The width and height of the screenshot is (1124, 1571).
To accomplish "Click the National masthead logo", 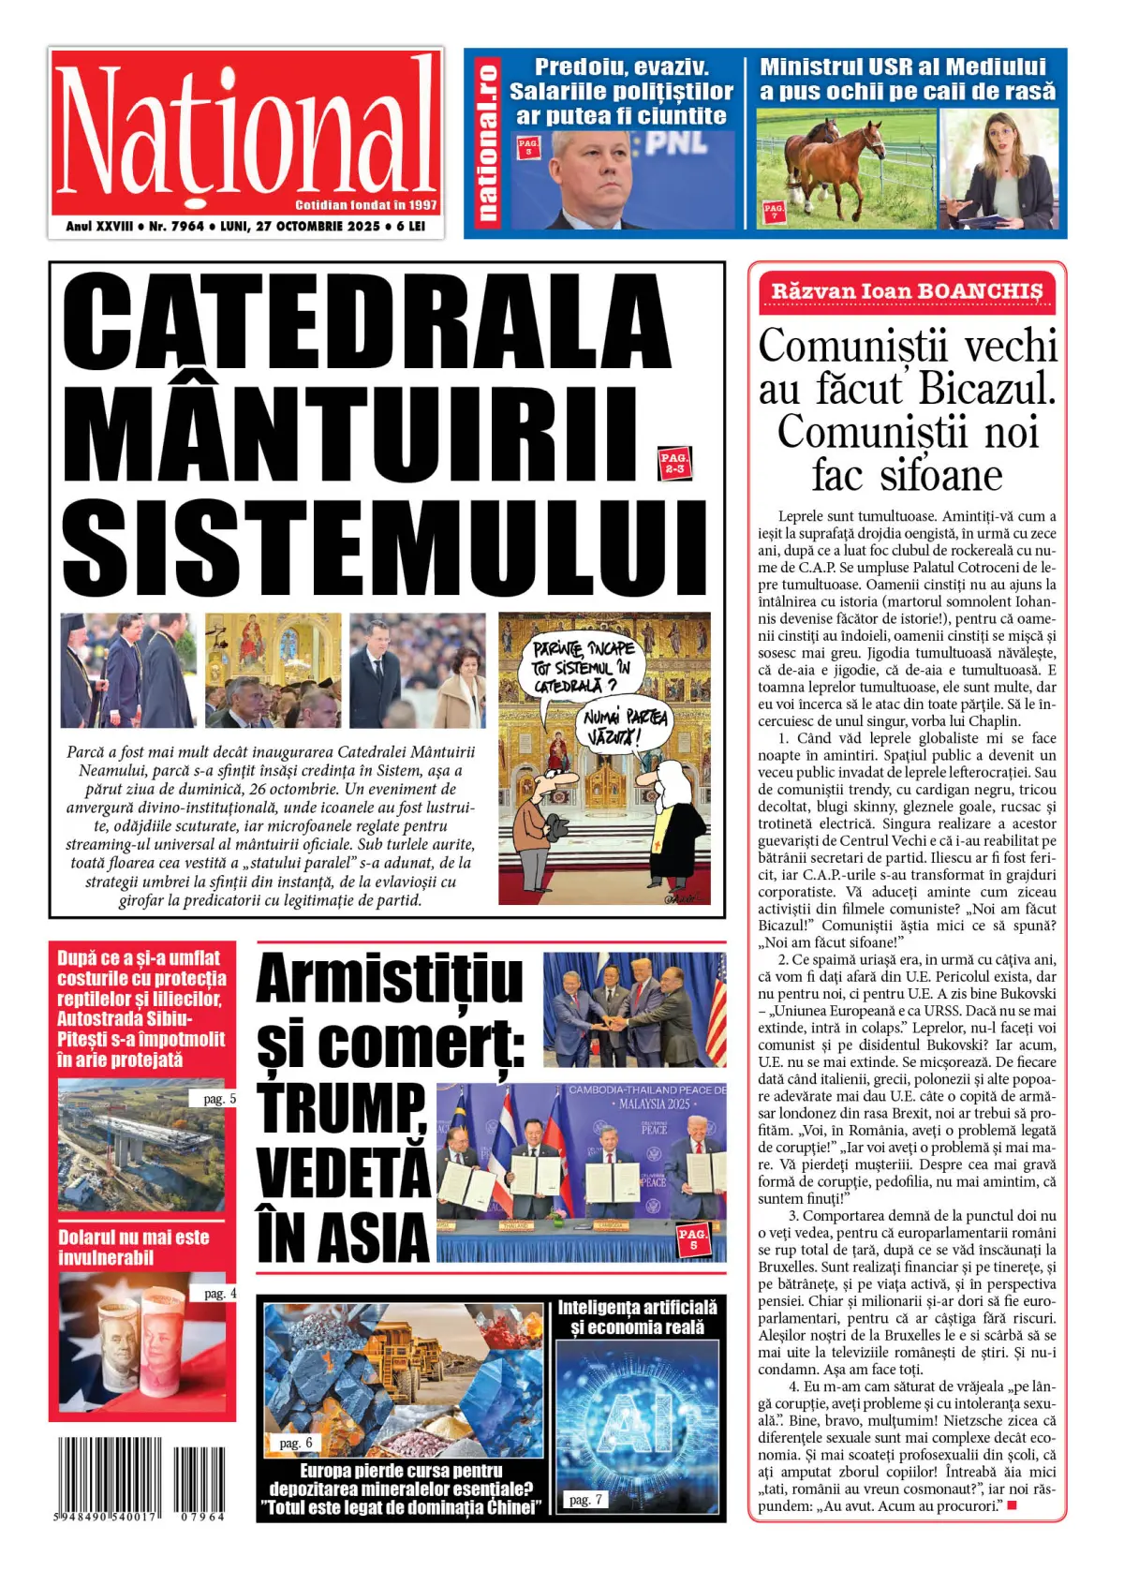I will click(x=245, y=131).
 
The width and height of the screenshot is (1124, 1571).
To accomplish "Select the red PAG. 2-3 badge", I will click(x=673, y=463).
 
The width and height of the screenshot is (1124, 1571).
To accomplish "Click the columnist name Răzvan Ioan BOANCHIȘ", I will click(x=906, y=291).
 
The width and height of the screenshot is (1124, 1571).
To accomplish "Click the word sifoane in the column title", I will click(x=940, y=475).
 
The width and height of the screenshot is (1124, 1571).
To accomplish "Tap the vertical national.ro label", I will click(x=486, y=143).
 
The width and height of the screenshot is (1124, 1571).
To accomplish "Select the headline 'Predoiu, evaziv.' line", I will click(x=621, y=67).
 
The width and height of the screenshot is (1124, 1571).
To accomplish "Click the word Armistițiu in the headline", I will click(x=389, y=979).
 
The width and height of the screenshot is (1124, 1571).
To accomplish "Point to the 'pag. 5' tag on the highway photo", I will click(x=219, y=1099).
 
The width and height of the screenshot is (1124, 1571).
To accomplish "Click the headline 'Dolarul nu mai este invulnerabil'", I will click(x=134, y=1247).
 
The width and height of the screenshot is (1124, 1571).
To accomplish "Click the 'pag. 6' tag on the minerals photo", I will click(x=296, y=1443).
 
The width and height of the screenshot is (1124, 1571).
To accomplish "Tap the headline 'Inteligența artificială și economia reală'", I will click(x=637, y=1317).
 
